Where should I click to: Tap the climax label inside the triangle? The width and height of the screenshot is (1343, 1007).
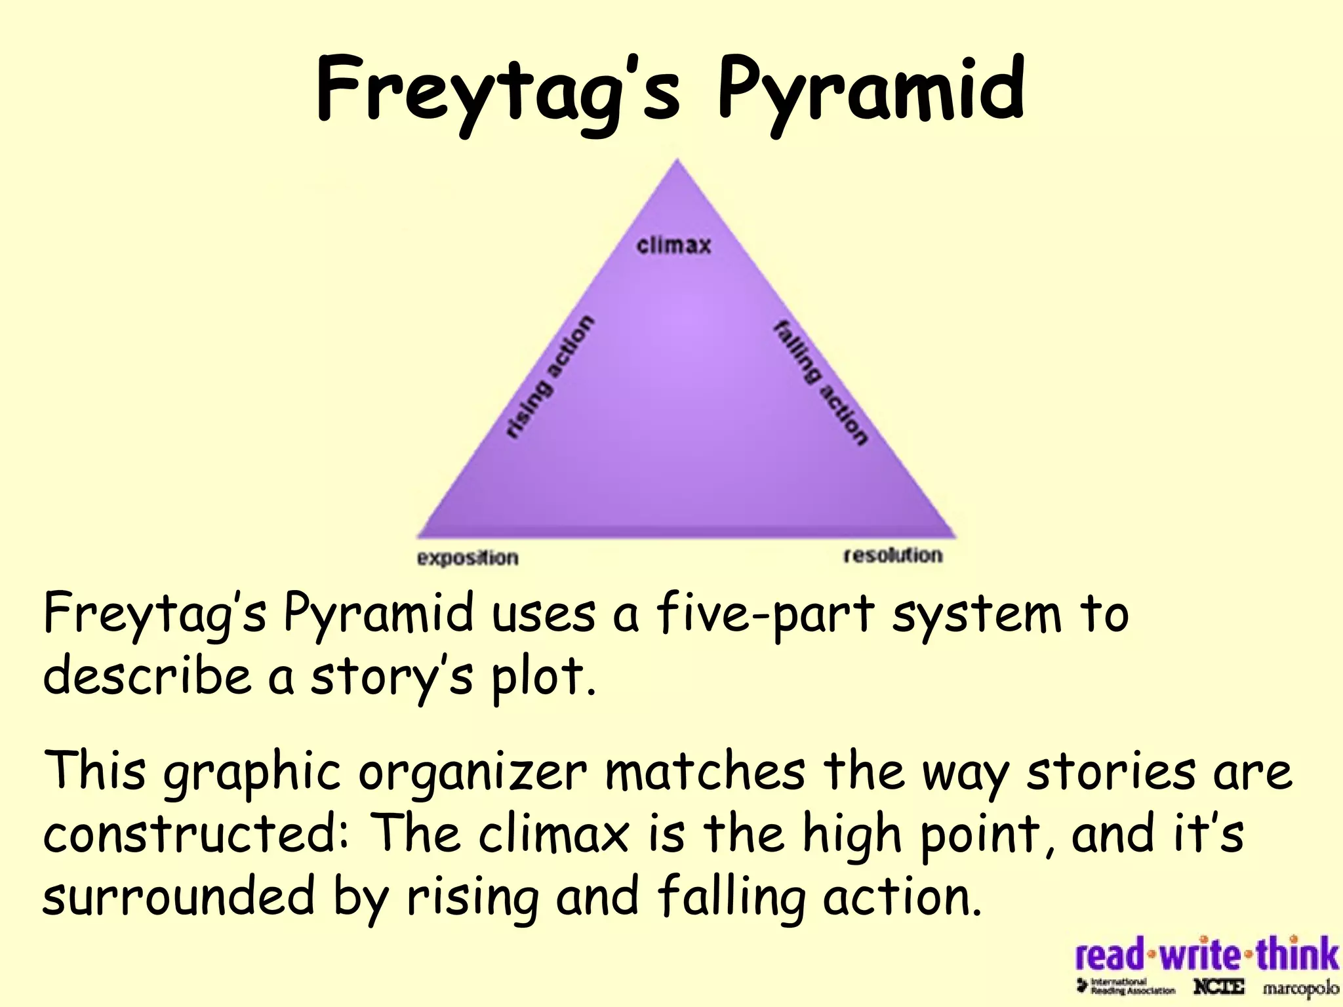[x=673, y=245]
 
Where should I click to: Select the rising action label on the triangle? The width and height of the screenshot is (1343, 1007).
[x=550, y=376]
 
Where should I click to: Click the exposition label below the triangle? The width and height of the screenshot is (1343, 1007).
[x=468, y=558]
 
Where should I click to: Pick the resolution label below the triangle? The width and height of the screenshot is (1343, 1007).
[x=892, y=555]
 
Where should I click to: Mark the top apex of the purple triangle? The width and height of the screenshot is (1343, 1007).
[x=677, y=161]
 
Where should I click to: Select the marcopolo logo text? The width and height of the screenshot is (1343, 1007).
[x=1301, y=987]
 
